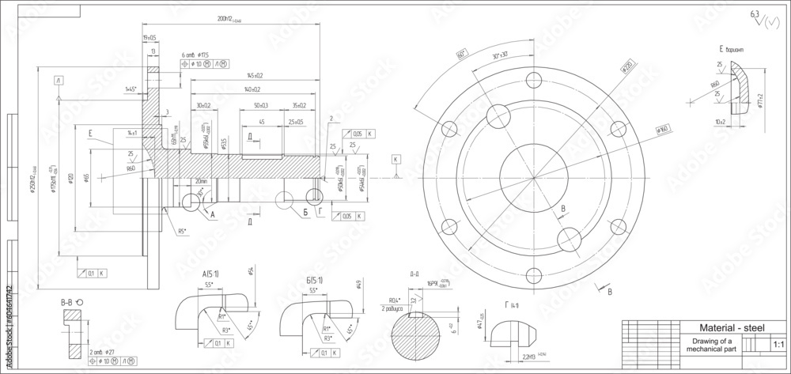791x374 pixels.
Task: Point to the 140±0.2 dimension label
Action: coord(252,90)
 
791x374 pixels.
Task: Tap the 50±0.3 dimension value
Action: coord(260,105)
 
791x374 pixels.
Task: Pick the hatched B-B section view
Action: coord(73,332)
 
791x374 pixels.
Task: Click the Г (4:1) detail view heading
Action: coord(513,304)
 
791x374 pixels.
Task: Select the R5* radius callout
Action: coord(181,232)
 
